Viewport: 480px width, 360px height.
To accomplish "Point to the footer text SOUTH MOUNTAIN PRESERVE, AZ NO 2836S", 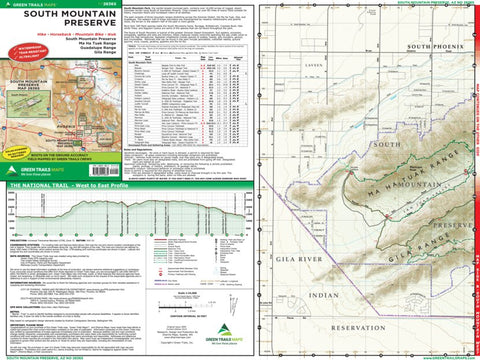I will (40, 356).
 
